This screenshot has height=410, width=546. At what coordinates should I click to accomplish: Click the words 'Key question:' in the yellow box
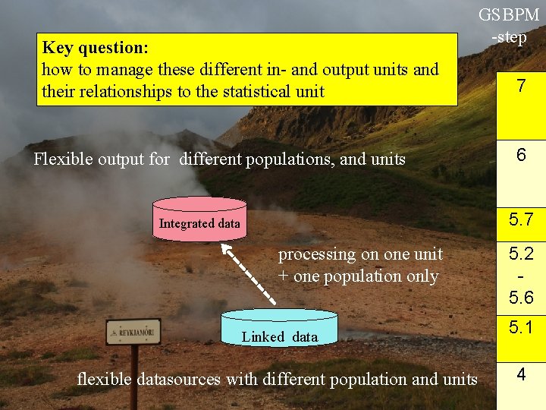point(95,48)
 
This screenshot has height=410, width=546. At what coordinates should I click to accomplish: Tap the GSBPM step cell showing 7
point(521,87)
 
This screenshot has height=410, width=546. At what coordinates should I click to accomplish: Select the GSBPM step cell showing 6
point(521,155)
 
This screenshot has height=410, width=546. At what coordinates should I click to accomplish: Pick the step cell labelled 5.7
point(521,221)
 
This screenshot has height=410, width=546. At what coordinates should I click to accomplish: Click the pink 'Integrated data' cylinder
point(199,219)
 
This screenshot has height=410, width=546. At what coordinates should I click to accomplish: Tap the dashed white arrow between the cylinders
point(242,274)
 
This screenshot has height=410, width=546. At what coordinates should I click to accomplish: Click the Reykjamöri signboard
point(133,332)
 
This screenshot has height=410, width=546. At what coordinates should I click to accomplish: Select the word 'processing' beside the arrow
point(317,254)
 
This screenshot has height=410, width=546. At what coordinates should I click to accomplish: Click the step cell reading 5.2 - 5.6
point(521,276)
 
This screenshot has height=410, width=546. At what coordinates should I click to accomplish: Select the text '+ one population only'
point(358,276)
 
